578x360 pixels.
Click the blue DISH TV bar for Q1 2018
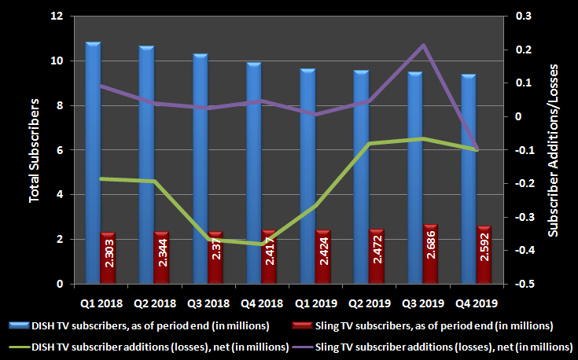point(93,157)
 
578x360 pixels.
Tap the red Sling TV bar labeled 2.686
point(429,254)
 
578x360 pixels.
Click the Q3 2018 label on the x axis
point(207,301)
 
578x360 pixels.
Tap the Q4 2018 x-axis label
point(261,301)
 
